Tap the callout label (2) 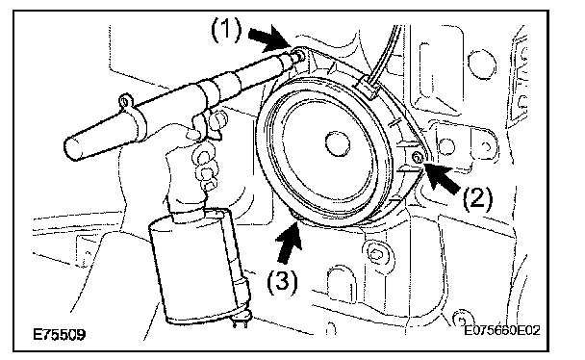[x=477, y=198]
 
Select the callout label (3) [x=283, y=281]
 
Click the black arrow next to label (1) [x=269, y=39]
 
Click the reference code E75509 [x=60, y=334]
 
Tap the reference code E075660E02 [x=502, y=330]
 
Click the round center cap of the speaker [x=338, y=143]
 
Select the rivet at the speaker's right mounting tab [x=417, y=158]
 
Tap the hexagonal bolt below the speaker [x=376, y=253]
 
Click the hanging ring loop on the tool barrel [x=126, y=101]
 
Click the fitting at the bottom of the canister [x=242, y=319]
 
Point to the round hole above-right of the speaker [x=482, y=64]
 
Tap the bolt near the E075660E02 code [x=462, y=319]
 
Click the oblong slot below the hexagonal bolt [x=341, y=284]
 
